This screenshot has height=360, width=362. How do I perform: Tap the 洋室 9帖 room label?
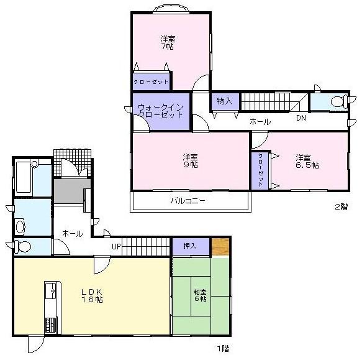tap(190, 160)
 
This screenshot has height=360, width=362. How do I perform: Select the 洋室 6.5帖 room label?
tap(307, 161)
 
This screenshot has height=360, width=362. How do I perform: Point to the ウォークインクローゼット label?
tap(160, 110)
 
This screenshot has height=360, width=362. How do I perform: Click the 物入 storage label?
tap(224, 101)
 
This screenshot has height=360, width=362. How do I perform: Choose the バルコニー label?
tap(188, 201)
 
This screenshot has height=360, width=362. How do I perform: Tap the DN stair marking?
tap(300, 118)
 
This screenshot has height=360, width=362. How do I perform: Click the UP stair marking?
tap(115, 246)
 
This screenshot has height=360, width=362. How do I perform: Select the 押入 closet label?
tap(189, 246)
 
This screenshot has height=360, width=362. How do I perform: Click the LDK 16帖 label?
tap(91, 295)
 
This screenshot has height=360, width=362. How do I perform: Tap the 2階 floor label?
tap(341, 207)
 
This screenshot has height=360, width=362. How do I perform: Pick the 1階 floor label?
tap(223, 348)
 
